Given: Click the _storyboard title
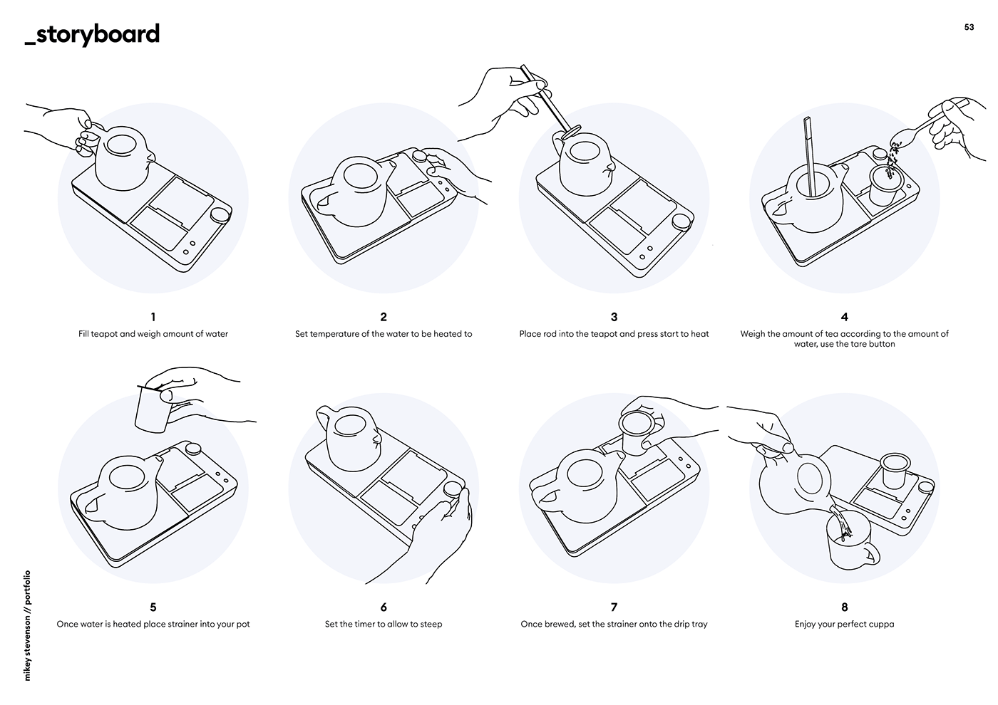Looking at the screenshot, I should click(x=92, y=34).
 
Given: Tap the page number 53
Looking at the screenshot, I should click(x=969, y=27).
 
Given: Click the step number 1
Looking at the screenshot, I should click(x=153, y=317).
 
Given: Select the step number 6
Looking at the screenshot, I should click(x=384, y=607).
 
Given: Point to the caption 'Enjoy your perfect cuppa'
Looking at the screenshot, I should click(x=844, y=625).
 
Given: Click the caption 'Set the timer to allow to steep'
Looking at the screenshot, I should click(x=384, y=625).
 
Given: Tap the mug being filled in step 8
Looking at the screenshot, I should click(x=849, y=545).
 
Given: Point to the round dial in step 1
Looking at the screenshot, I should click(x=220, y=216).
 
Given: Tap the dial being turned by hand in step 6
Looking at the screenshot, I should click(x=452, y=491).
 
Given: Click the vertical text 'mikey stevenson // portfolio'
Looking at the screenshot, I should click(x=28, y=625).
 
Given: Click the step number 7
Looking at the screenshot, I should click(x=614, y=607).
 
